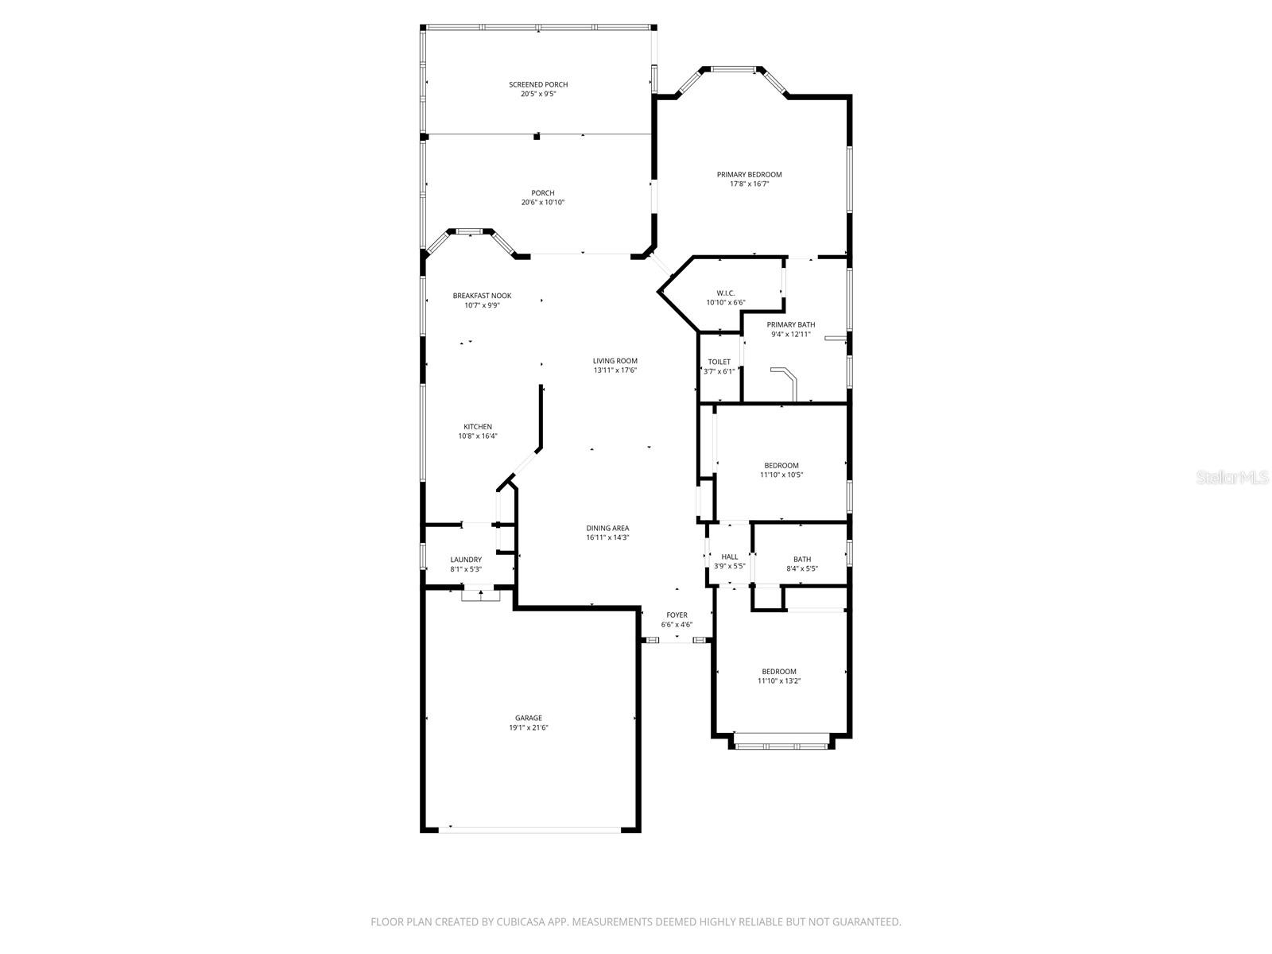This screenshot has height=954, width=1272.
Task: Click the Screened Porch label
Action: pyautogui.click(x=538, y=84)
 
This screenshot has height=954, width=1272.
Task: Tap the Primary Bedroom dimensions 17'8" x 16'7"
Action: pyautogui.click(x=749, y=184)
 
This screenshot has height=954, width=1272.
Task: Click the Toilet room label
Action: pyautogui.click(x=719, y=362)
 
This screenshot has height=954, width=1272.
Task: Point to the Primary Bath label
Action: pyautogui.click(x=790, y=324)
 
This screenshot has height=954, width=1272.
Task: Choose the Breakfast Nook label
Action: pyautogui.click(x=482, y=296)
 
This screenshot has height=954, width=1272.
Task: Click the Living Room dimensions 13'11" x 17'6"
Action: pyautogui.click(x=615, y=370)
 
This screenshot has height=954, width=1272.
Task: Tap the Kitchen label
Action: pyautogui.click(x=478, y=427)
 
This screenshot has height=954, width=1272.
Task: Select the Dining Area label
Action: pyautogui.click(x=607, y=528)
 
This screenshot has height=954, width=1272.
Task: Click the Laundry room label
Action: pyautogui.click(x=466, y=560)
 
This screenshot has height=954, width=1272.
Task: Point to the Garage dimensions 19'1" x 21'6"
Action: pyautogui.click(x=529, y=727)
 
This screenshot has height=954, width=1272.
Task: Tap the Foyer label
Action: pyautogui.click(x=677, y=615)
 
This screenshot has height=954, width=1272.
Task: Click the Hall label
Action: pyautogui.click(x=729, y=556)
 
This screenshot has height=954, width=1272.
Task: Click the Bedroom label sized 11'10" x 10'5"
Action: pyautogui.click(x=781, y=466)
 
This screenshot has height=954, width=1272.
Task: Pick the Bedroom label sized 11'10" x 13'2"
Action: pyautogui.click(x=778, y=672)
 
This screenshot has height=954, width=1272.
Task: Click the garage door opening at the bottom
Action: pyautogui.click(x=529, y=829)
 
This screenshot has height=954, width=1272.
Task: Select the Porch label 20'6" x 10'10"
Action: pyautogui.click(x=543, y=193)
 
